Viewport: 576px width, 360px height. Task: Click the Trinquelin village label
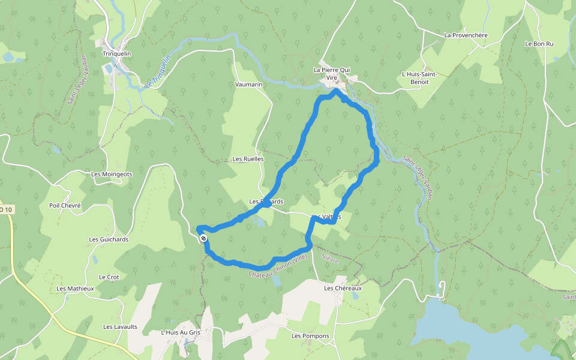click(x=117, y=53)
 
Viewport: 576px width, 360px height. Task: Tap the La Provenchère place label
click(x=466, y=35)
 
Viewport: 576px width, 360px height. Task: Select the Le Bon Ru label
click(x=539, y=44)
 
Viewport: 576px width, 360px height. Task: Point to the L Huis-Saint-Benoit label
click(x=418, y=77)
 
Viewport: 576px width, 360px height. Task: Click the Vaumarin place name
click(x=249, y=85)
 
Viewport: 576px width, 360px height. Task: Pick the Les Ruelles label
click(x=248, y=159)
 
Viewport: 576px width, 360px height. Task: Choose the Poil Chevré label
click(x=65, y=205)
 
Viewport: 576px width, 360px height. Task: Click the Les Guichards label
click(x=109, y=239)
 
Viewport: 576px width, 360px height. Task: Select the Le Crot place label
click(x=109, y=277)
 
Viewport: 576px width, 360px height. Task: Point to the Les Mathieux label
click(x=75, y=289)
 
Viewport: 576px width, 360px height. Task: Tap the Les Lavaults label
click(x=120, y=327)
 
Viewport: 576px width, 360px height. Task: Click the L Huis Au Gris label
click(x=180, y=332)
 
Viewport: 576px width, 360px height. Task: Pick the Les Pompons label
click(x=310, y=336)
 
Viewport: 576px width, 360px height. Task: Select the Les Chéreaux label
click(x=343, y=289)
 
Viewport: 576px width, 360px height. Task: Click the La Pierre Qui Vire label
click(x=332, y=73)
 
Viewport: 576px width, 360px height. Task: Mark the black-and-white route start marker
click(x=204, y=239)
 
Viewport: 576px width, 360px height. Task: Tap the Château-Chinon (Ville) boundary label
click(x=277, y=266)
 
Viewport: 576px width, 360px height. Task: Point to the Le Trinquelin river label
click(x=158, y=71)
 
